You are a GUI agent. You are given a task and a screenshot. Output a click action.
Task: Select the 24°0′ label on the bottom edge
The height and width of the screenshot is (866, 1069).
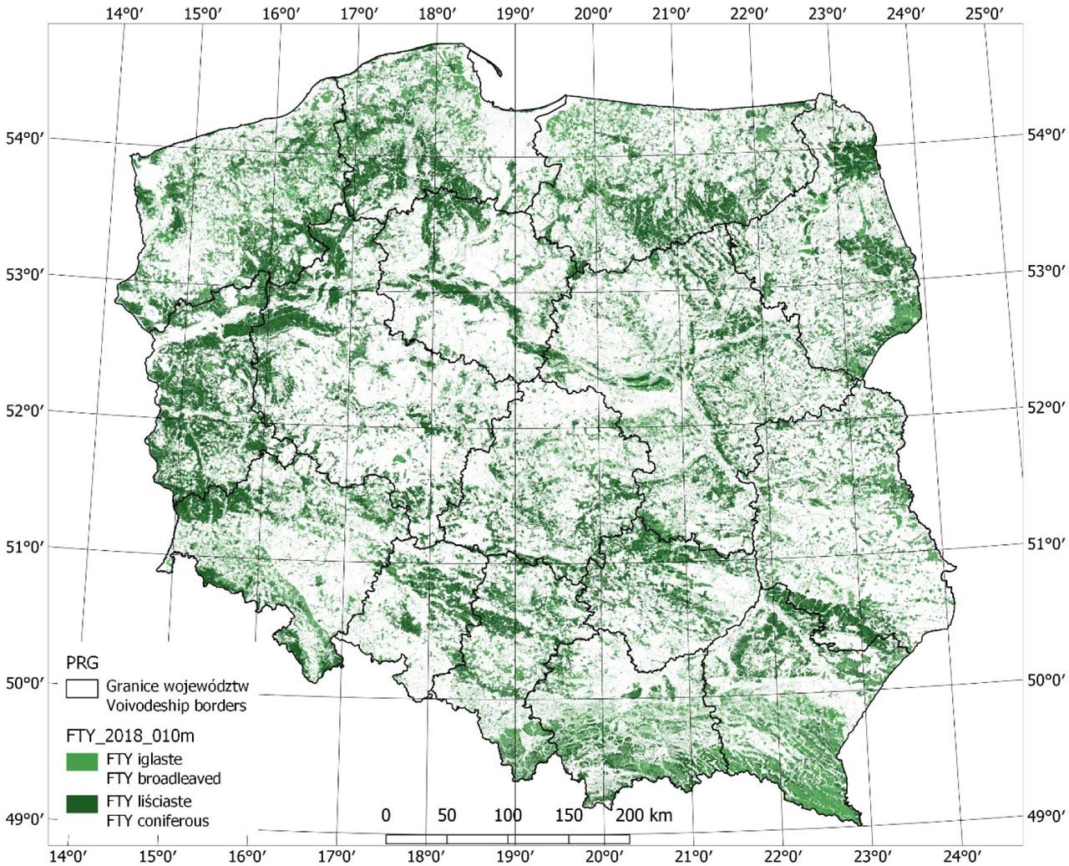pyautogui.click(x=960, y=855)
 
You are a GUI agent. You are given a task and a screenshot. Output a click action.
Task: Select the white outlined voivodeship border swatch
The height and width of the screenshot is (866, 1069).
pyautogui.click(x=81, y=688)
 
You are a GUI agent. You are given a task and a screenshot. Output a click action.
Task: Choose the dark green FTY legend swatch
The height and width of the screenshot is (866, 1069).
pyautogui.click(x=81, y=803)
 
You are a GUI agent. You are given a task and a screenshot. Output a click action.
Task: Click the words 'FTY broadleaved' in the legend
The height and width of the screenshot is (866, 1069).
pyautogui.click(x=164, y=778)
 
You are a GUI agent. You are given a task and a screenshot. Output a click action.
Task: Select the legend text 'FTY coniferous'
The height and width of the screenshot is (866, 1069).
pyautogui.click(x=158, y=820)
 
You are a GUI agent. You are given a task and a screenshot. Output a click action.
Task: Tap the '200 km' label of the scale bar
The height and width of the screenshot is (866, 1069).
pyautogui.click(x=643, y=815)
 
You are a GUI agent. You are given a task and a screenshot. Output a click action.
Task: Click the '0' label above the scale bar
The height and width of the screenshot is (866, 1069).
pyautogui.click(x=385, y=815)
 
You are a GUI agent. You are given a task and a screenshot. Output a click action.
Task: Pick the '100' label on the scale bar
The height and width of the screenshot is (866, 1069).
pyautogui.click(x=508, y=815)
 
